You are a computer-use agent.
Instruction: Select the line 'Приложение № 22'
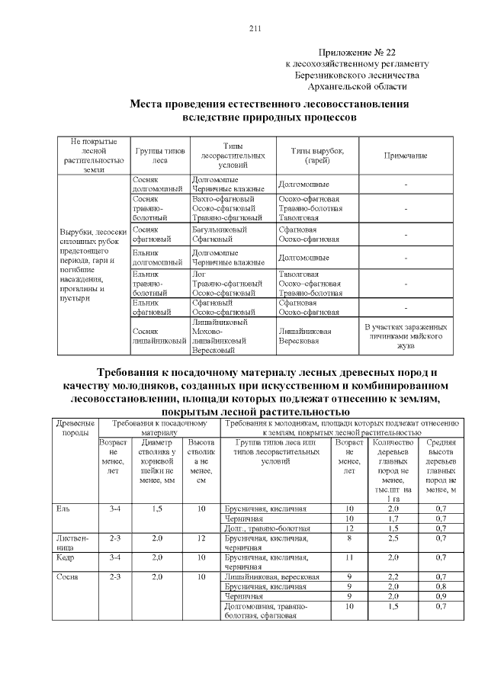click(357, 53)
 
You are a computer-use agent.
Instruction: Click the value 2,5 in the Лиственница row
click(393, 538)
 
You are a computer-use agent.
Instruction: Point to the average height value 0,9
click(440, 596)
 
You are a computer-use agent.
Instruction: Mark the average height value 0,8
click(440, 586)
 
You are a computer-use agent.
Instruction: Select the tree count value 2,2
click(393, 577)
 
